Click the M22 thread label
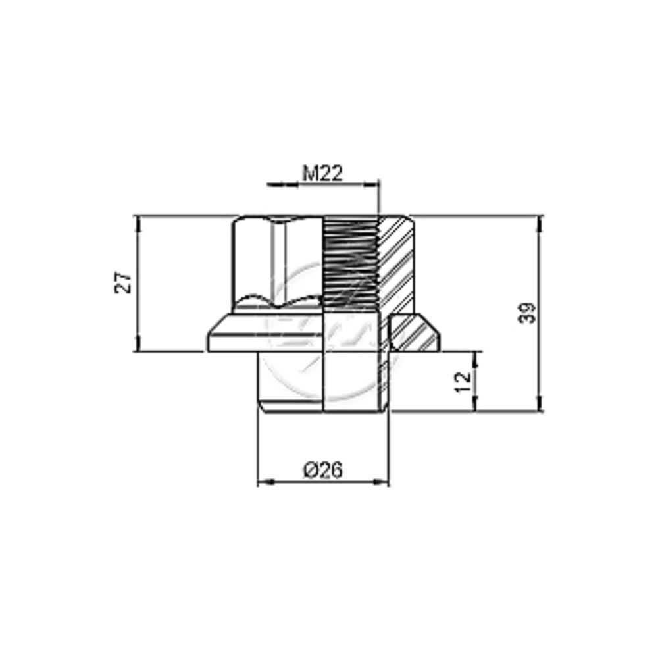click(x=322, y=173)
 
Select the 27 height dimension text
click(x=124, y=283)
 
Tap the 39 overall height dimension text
click(x=528, y=313)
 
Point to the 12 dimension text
click(x=463, y=382)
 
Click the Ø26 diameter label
click(x=323, y=470)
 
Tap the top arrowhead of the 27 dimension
click(x=138, y=223)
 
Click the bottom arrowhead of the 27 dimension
click(x=138, y=343)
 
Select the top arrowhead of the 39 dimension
click(x=540, y=223)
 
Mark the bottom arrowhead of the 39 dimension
click(x=540, y=403)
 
